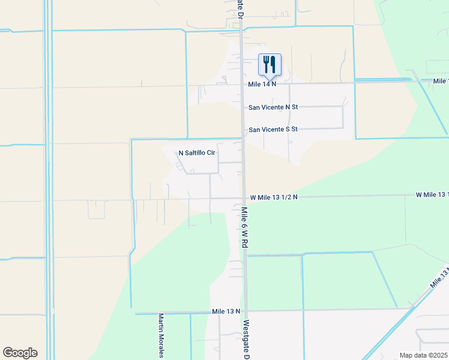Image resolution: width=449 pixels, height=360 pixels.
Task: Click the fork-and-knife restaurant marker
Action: [270, 64]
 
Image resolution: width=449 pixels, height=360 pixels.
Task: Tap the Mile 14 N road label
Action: [262, 84]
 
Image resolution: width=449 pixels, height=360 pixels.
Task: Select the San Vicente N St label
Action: [273, 107]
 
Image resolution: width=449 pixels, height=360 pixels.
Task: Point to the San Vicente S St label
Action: [273, 129]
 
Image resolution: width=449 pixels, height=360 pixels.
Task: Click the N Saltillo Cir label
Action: [197, 153]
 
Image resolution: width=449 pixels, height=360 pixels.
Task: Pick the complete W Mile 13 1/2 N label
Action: [274, 197]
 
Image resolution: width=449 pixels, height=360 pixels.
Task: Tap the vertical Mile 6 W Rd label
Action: [244, 228]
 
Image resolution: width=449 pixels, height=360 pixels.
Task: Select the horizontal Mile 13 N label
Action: [226, 311]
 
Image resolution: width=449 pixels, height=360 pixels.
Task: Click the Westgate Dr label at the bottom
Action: [246, 340]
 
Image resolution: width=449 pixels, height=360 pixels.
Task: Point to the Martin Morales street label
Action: [161, 336]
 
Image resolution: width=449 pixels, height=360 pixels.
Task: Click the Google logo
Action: [20, 353]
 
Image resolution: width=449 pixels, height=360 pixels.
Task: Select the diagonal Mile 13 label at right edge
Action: [438, 277]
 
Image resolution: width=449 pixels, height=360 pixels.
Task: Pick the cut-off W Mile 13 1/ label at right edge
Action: [432, 195]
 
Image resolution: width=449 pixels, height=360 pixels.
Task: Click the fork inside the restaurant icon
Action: [266, 62]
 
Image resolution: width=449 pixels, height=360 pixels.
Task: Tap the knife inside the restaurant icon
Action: [273, 62]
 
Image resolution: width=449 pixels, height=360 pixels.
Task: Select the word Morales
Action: [161, 344]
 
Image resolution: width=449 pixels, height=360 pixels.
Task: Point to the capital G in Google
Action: [8, 353]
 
